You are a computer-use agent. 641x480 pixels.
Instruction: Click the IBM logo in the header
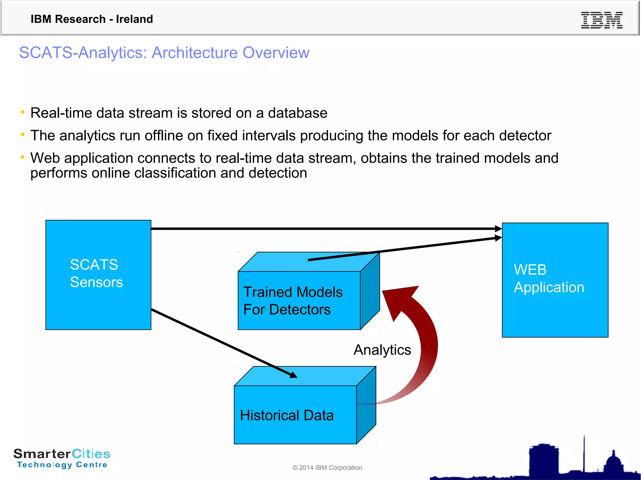[x=602, y=20]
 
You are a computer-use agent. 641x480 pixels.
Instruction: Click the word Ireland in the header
[x=134, y=19]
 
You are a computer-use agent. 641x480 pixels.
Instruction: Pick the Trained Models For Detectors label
[x=293, y=301]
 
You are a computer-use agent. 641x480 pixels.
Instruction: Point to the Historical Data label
[x=287, y=415]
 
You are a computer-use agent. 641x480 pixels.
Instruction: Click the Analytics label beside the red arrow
[x=382, y=350]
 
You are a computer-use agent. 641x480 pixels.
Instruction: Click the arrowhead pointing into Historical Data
[x=293, y=375]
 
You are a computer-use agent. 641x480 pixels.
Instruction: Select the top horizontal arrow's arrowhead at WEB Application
[x=498, y=229]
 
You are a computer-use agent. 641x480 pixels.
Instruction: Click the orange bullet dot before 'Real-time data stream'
[x=23, y=112]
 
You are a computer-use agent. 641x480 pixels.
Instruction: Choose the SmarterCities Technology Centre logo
[x=62, y=458]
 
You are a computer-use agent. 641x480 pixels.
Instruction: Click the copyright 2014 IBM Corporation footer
[x=327, y=467]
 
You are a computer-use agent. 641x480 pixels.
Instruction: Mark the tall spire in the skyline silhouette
[x=584, y=453]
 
